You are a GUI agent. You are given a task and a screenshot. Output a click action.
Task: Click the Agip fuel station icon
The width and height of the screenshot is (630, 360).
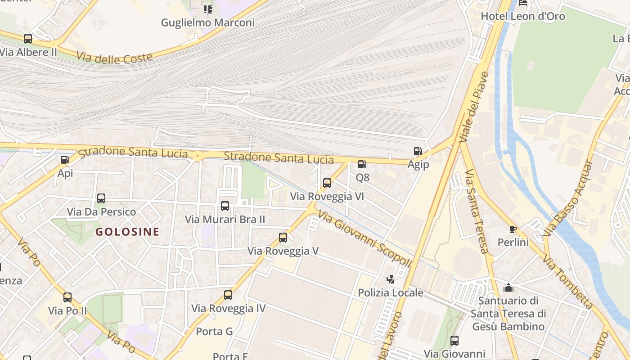coord(418,151)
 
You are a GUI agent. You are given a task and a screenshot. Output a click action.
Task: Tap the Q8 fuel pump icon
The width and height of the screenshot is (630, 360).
coord(362,164)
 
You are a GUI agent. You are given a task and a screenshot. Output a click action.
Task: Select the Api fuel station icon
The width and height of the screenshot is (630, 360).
coord(65,159)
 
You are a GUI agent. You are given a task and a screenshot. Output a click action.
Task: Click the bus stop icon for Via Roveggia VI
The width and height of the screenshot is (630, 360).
coord(327,183)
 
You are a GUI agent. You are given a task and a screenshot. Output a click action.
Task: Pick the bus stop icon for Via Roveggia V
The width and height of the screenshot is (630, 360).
coord(283,237)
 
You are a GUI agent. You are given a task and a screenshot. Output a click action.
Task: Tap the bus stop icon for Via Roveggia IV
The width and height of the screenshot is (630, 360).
coord(228,295)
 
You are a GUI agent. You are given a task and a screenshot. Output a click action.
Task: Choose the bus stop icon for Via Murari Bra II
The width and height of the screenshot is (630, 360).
coord(225,206)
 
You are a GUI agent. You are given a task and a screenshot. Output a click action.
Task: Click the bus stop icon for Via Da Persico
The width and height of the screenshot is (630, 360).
coord(101,198)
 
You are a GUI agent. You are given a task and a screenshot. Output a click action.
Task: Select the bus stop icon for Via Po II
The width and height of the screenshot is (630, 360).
coord(67,297)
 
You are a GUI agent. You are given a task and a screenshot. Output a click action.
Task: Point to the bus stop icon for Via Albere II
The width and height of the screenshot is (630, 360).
coord(28,39)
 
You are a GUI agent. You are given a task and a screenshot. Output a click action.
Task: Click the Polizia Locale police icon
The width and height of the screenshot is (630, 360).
coord(390,279)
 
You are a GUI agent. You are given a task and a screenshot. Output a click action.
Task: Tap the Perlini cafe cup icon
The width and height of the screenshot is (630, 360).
coord(513,229)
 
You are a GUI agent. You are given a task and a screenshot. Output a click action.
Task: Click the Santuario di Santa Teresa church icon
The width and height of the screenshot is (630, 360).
coord(508,287)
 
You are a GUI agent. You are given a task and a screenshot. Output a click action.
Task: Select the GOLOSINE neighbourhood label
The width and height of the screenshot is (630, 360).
coord(127,232)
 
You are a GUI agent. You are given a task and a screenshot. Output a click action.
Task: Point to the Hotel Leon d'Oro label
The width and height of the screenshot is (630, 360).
coord(523,16)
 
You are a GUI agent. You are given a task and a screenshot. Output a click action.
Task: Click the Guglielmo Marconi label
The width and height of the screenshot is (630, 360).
coord(208,22)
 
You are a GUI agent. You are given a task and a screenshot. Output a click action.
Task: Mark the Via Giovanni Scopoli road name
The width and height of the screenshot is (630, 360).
coord(364,238)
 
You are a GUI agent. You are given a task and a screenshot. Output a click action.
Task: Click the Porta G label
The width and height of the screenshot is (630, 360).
coord(214,332)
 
